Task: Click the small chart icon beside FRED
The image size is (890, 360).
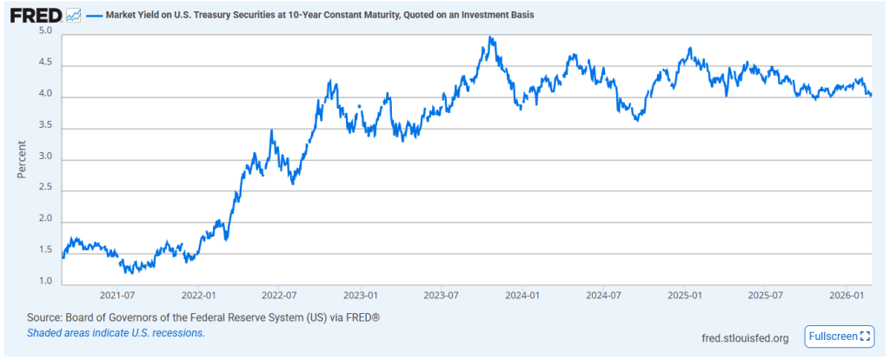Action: (74, 16)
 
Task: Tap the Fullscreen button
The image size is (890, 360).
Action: (840, 337)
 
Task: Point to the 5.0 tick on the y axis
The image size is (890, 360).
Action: (46, 31)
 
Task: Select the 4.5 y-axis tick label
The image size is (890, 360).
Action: (46, 63)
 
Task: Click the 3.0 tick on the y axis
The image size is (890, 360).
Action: (46, 157)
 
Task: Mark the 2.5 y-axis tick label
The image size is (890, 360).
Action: (46, 189)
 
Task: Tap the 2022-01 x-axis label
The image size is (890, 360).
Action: (199, 296)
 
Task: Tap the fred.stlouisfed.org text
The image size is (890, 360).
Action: (745, 338)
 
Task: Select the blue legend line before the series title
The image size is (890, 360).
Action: (94, 16)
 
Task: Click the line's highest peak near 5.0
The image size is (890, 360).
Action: (491, 37)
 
